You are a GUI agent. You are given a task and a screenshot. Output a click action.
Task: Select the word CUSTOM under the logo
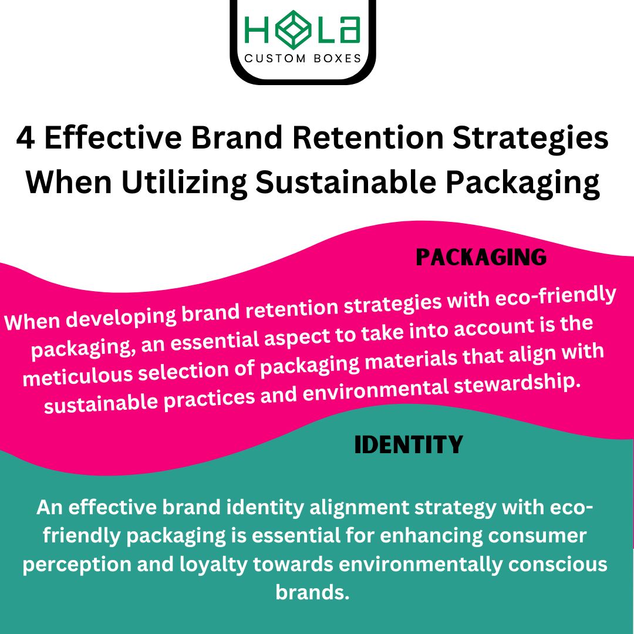click(x=275, y=58)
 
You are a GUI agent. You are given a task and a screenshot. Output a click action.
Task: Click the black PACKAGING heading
click(x=481, y=258)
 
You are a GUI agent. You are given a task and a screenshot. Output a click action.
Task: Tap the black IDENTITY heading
click(x=409, y=445)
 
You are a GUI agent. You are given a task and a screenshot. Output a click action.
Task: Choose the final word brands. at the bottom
click(x=312, y=592)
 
